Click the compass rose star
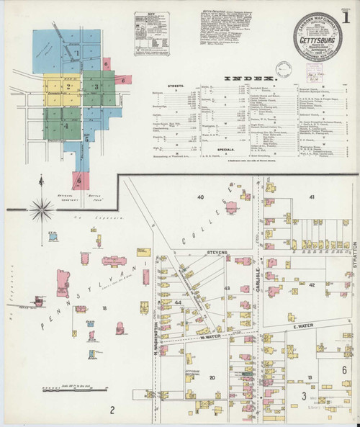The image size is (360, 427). (x=43, y=210)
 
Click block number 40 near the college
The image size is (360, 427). (x=201, y=197)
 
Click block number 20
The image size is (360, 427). (x=212, y=377)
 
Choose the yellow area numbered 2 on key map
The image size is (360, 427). (x=69, y=86)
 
